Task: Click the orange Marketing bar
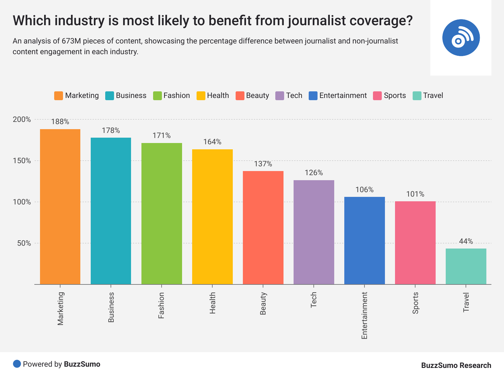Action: [x=60, y=207]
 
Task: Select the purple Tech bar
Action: [x=314, y=232]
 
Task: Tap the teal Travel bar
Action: [x=466, y=266]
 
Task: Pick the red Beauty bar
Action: [x=263, y=227]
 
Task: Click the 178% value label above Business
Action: [x=111, y=130]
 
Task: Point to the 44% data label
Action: [x=466, y=241]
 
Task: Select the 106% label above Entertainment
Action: [x=364, y=190]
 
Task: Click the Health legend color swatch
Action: [x=201, y=96]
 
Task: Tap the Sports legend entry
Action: [x=390, y=96]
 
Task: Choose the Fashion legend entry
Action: [x=172, y=96]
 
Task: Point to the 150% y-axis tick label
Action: [x=22, y=161]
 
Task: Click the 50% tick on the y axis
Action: [x=24, y=243]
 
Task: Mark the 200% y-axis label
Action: [x=22, y=120]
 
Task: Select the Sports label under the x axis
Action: [x=415, y=303]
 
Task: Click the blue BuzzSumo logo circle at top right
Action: [x=461, y=38]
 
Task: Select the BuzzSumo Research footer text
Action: [x=456, y=365]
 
